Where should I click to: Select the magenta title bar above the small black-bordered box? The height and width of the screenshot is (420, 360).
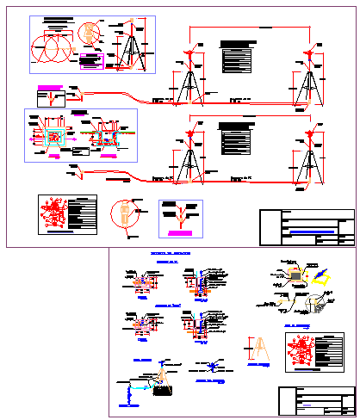[52, 87]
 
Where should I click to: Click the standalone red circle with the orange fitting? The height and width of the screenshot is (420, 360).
[125, 214]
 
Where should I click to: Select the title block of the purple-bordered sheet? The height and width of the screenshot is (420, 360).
[316, 400]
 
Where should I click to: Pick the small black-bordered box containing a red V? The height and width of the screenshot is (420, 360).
[52, 98]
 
